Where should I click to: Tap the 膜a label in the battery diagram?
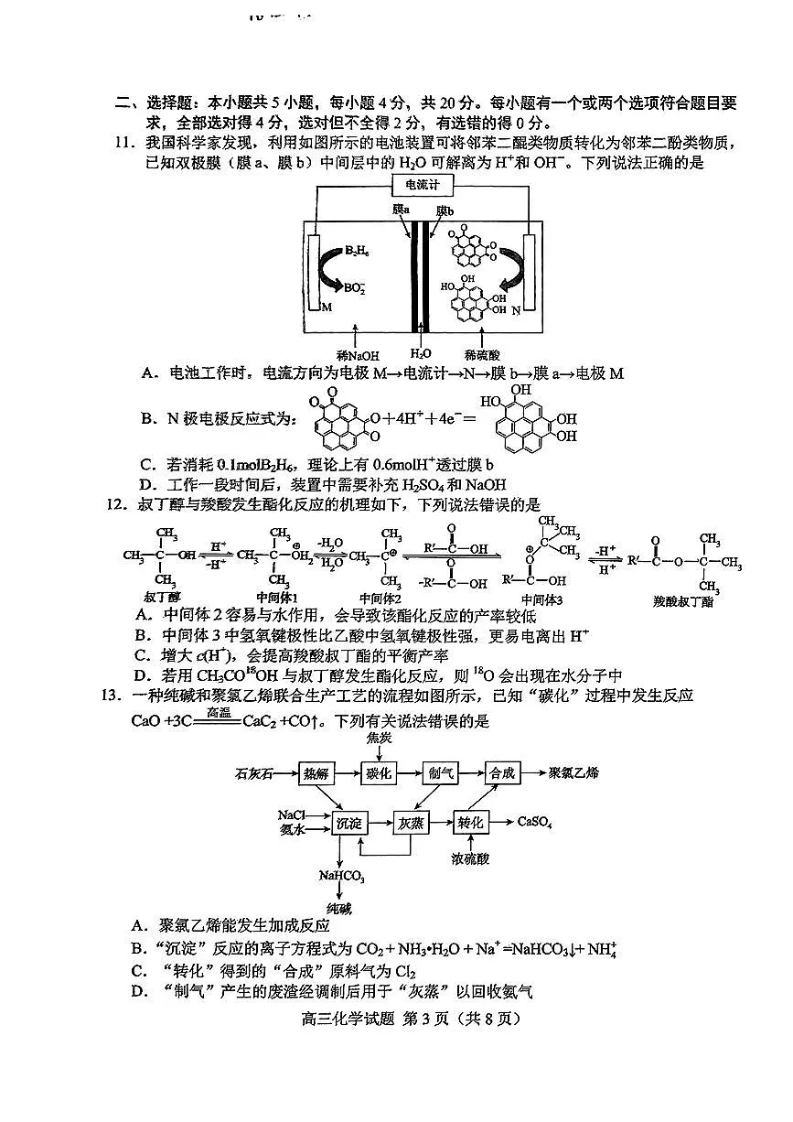(x=401, y=210)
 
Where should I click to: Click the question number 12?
(x=115, y=504)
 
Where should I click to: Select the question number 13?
(x=115, y=696)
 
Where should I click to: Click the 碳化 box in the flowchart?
(x=379, y=773)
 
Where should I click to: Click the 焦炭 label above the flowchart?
(x=379, y=738)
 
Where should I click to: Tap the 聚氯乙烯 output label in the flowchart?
(x=573, y=772)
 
